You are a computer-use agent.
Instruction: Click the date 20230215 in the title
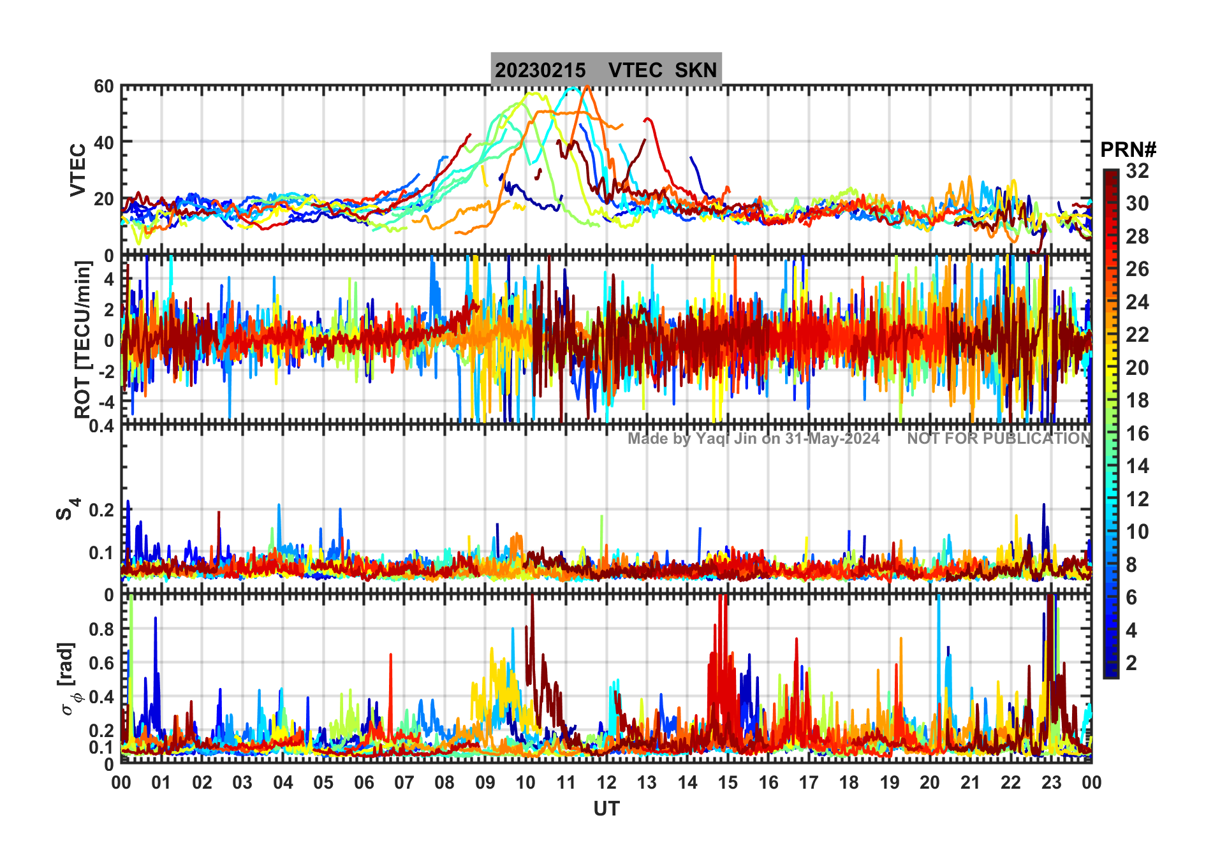point(540,70)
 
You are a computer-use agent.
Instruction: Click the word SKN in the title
point(696,70)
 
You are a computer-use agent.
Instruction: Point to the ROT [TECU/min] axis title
point(83,339)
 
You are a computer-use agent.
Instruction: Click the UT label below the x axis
point(606,809)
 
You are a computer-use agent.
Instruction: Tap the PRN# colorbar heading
point(1128,150)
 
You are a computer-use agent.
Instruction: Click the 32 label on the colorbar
point(1137,171)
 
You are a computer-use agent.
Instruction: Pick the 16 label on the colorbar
point(1137,434)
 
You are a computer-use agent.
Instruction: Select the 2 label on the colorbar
point(1131,663)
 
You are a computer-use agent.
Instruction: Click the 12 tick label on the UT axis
point(606,783)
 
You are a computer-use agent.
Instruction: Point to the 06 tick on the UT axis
point(364,783)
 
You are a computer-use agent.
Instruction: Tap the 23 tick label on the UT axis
point(1051,783)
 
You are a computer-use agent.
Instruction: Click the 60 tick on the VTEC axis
point(104,87)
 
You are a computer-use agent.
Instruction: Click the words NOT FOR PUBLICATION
point(999,439)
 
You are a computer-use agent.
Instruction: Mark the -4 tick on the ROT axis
point(105,402)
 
